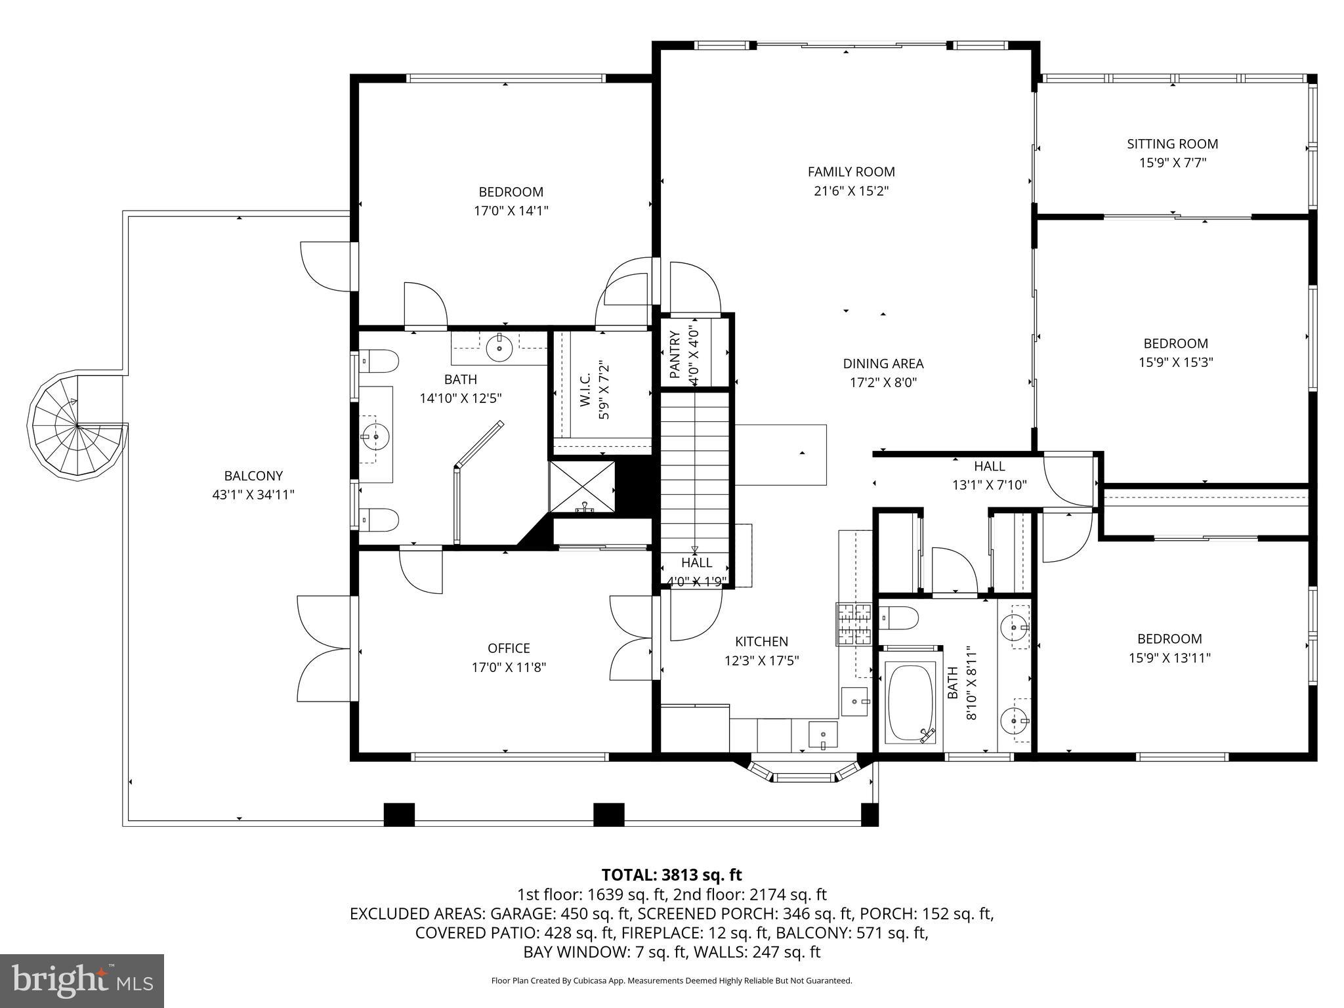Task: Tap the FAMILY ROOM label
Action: (851, 172)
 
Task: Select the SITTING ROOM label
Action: (1172, 144)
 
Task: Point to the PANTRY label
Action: (675, 355)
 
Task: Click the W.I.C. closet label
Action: (585, 390)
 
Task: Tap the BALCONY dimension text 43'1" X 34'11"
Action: (253, 495)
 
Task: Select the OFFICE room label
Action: (509, 648)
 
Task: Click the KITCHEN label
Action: (761, 641)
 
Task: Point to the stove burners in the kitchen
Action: (853, 624)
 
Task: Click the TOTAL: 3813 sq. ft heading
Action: (671, 875)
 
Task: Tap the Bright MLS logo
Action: (82, 980)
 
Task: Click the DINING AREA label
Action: (883, 364)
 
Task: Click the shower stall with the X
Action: (582, 486)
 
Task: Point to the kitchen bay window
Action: (804, 776)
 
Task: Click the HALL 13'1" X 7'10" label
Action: (989, 476)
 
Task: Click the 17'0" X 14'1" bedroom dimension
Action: (511, 211)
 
